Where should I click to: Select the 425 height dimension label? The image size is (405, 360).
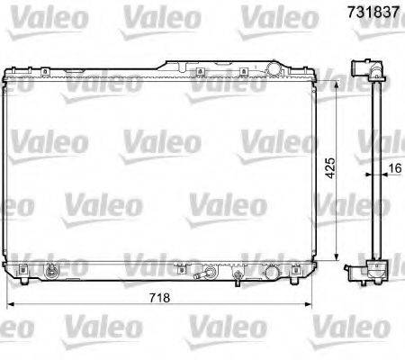pos(331,168)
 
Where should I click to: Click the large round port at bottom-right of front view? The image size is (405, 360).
pos(272,270)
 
